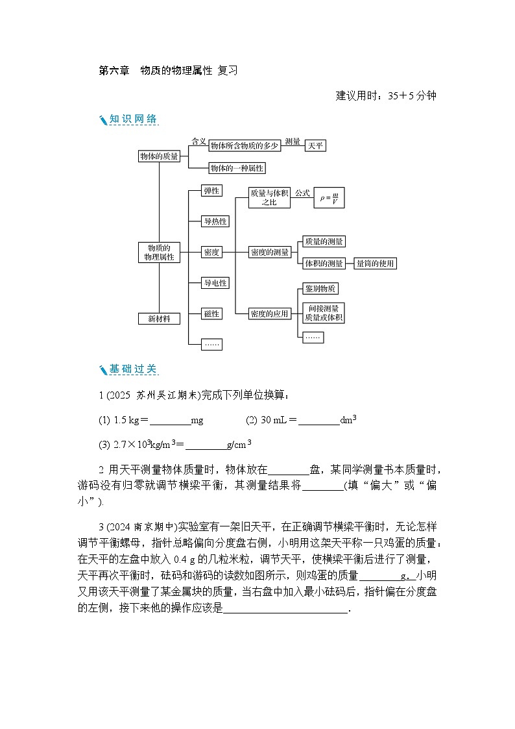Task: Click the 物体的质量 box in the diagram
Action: click(x=159, y=156)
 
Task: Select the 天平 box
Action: click(x=315, y=146)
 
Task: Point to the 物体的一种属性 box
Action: click(x=236, y=168)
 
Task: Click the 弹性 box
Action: click(x=211, y=190)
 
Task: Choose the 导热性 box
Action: click(x=215, y=221)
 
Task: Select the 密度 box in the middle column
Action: click(x=211, y=252)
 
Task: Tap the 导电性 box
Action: click(x=215, y=283)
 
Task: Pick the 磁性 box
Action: click(x=211, y=314)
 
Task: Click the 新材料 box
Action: click(x=159, y=319)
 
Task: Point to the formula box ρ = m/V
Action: click(x=328, y=199)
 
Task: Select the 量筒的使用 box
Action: click(x=375, y=263)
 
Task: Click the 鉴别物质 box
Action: click(x=320, y=289)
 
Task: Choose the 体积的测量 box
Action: click(x=324, y=263)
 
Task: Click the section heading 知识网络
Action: click(x=133, y=119)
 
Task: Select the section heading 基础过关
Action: click(x=133, y=369)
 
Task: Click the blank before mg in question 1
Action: click(x=170, y=421)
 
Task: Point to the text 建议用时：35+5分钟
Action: click(x=386, y=96)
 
